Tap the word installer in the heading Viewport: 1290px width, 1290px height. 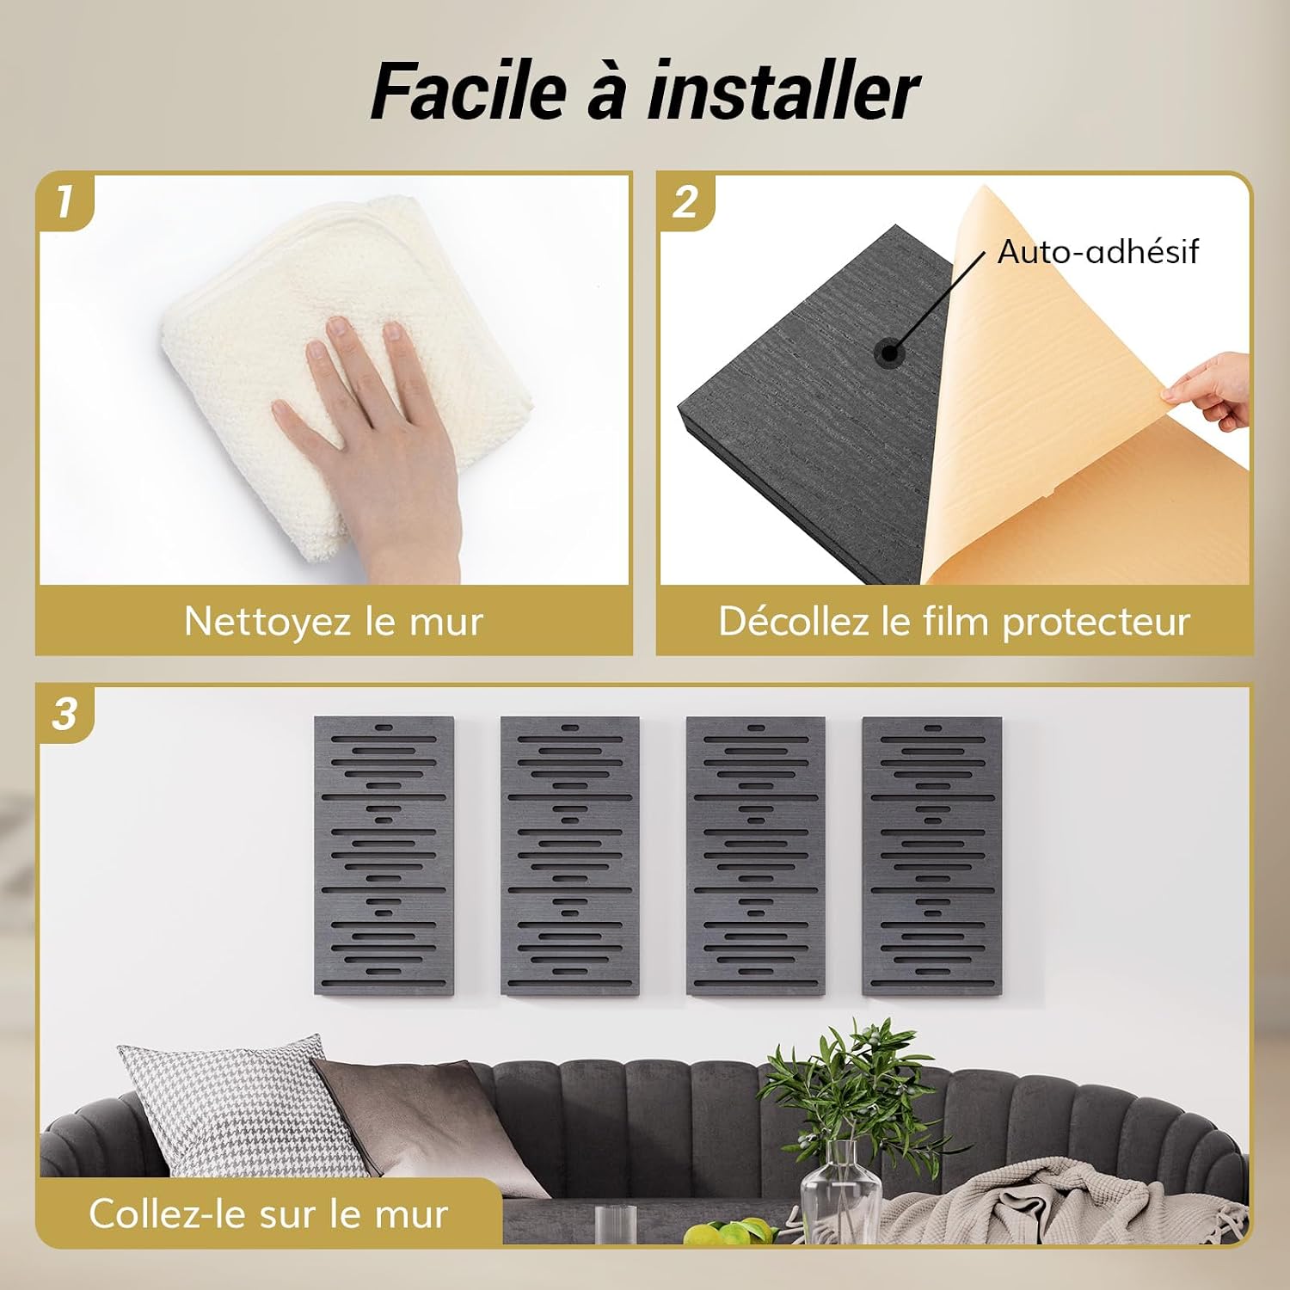[783, 90]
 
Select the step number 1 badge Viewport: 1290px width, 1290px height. [64, 202]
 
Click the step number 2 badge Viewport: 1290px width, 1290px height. [685, 202]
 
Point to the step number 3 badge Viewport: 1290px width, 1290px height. [64, 714]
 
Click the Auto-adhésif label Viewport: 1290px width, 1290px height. [1097, 252]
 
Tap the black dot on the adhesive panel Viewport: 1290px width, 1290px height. [889, 352]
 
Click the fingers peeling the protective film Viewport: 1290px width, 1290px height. [1208, 391]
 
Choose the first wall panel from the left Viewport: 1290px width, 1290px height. [384, 856]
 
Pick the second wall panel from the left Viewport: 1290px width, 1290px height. [570, 856]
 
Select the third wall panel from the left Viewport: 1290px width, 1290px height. [756, 856]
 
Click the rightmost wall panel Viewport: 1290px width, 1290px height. [932, 856]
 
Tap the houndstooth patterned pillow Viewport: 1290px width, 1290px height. [241, 1109]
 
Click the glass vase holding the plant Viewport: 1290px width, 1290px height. [841, 1191]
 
